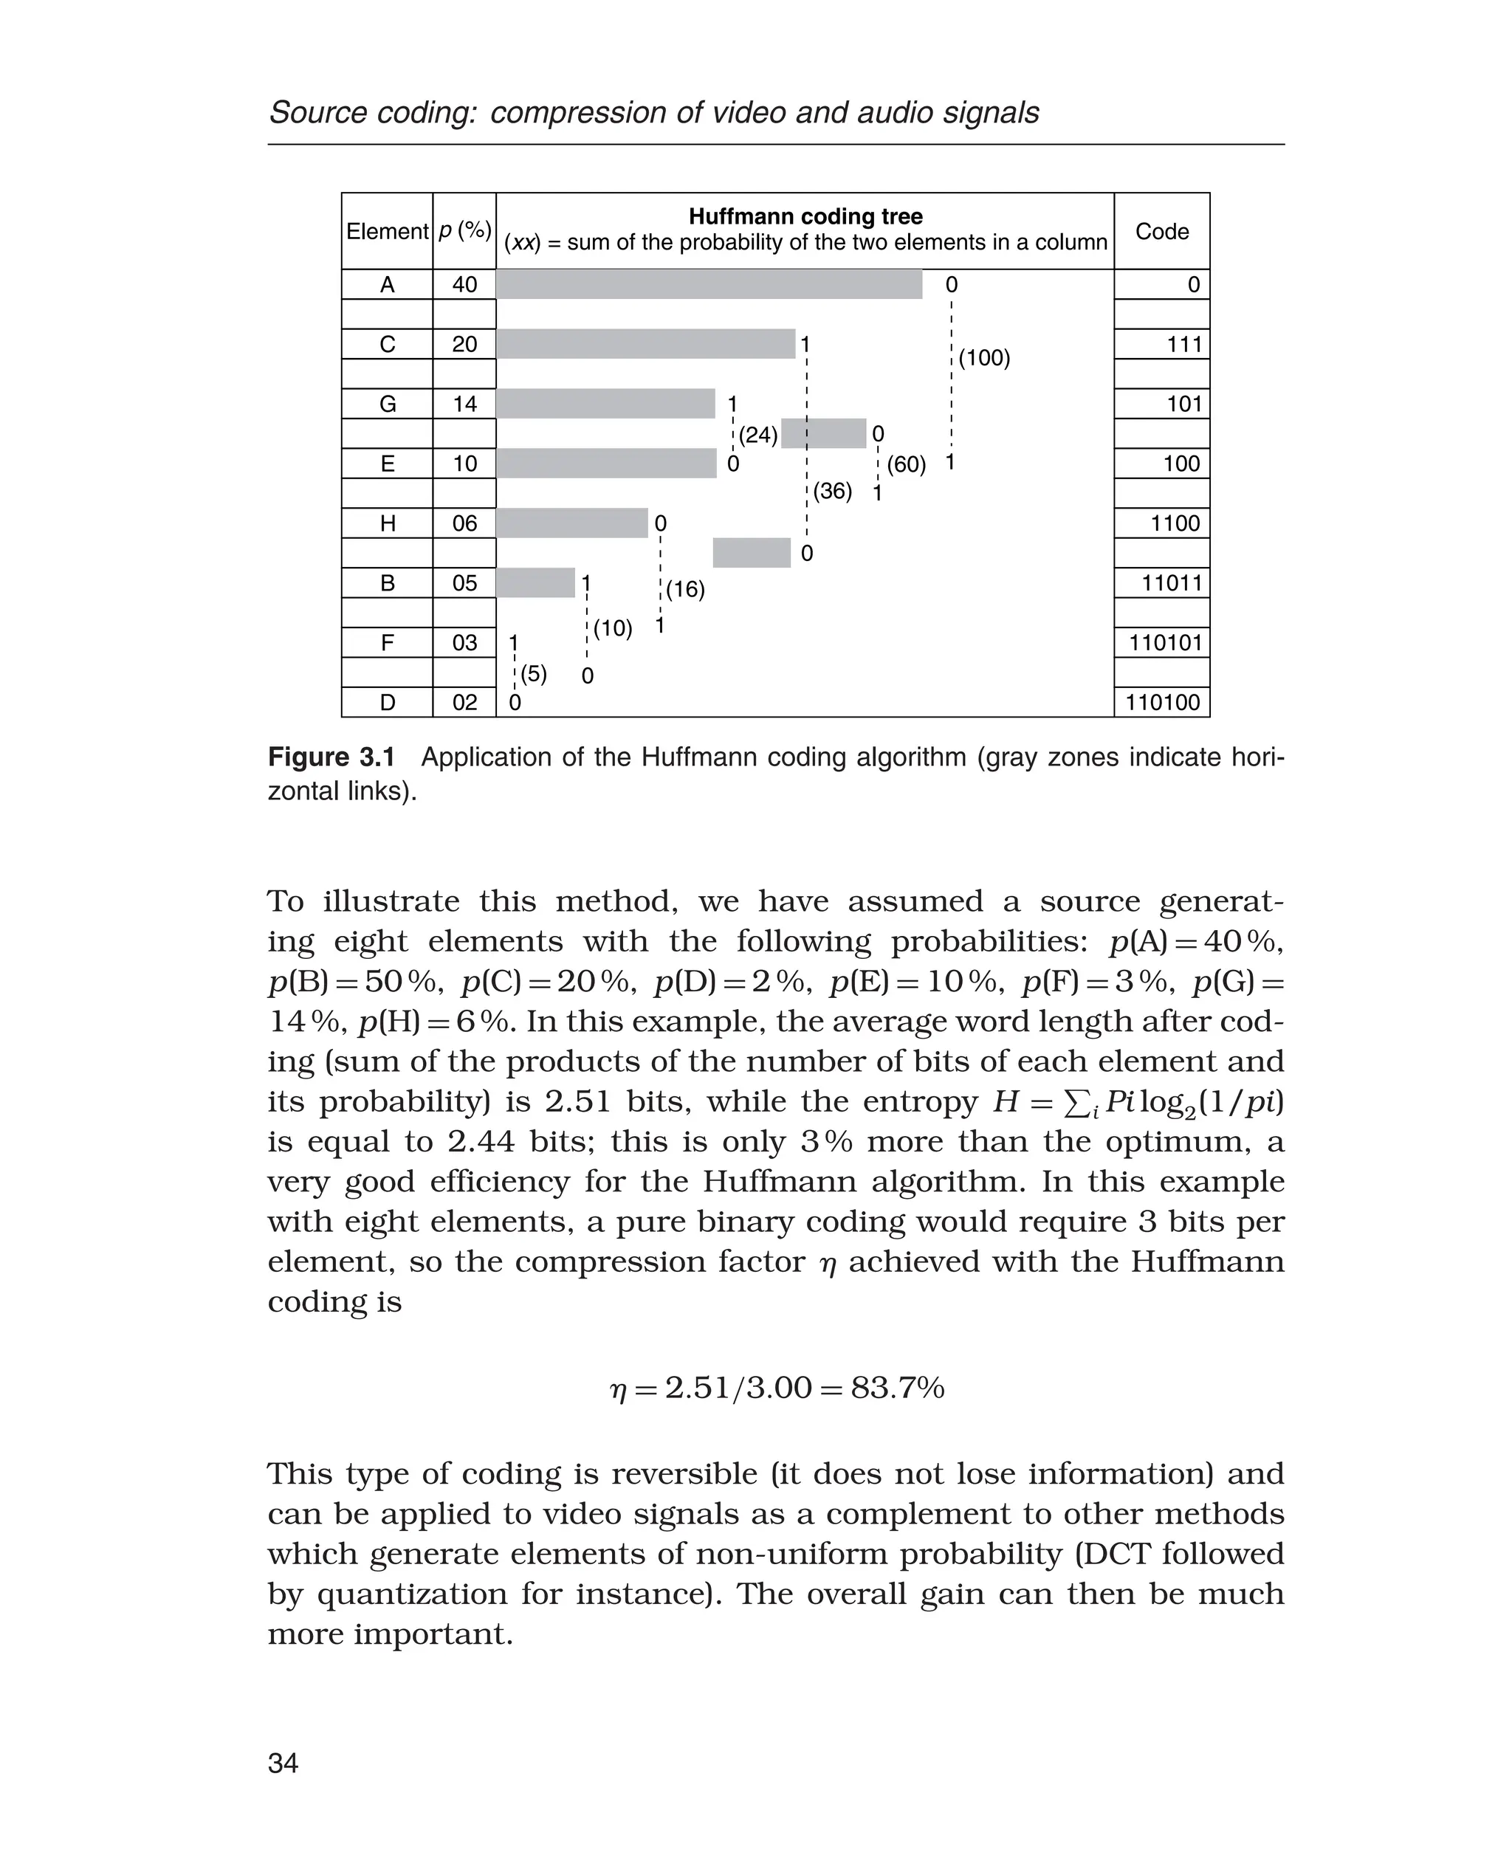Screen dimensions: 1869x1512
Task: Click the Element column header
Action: point(387,232)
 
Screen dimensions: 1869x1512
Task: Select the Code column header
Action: point(1162,232)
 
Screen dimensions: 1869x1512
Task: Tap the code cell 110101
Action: point(1165,643)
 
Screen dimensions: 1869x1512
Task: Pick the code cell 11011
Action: point(1172,582)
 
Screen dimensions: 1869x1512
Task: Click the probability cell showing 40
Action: point(464,285)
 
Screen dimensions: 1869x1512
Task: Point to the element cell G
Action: point(388,404)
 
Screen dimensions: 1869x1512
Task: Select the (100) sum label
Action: point(984,358)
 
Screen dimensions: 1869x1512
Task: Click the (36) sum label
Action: point(833,491)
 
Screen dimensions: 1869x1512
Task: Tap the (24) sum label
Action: point(757,435)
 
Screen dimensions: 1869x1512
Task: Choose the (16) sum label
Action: point(685,590)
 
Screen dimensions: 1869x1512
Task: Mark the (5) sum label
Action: point(534,673)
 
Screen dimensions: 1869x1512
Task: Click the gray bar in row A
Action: point(709,285)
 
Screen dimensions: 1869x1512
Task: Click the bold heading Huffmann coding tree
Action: point(805,217)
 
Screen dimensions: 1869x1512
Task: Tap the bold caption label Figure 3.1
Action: point(331,757)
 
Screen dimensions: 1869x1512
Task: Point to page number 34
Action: point(283,1763)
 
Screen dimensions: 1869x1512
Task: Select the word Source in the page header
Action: point(316,113)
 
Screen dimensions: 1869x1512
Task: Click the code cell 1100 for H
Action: point(1175,523)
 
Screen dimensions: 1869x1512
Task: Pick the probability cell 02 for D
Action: point(464,703)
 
